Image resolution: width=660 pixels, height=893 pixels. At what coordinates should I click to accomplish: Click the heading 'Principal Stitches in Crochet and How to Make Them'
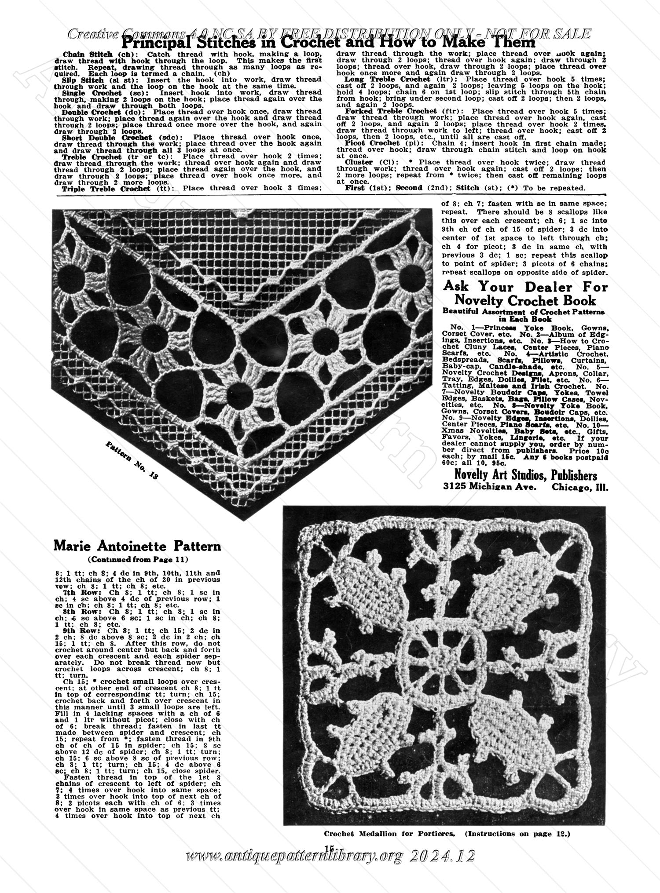[x=328, y=43]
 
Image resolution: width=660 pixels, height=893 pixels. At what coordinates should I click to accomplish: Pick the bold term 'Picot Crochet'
[x=372, y=143]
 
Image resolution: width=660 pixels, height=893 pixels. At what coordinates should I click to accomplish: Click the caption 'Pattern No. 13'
[x=132, y=460]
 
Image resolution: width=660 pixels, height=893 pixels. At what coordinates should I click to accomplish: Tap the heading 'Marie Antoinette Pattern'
[x=137, y=546]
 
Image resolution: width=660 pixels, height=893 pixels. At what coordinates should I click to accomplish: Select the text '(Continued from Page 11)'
[x=138, y=560]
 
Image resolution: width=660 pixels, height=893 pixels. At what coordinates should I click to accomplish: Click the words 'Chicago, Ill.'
[x=580, y=487]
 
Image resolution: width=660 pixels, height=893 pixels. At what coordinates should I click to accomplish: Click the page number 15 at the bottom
[x=329, y=847]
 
